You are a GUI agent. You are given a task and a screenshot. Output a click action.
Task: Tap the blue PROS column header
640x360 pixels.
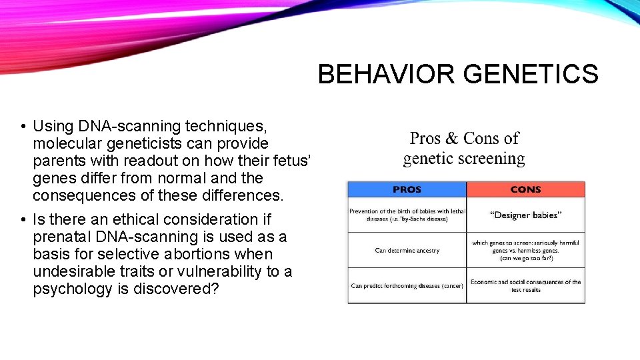(x=407, y=189)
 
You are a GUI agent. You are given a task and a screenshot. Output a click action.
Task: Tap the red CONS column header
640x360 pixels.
(x=525, y=189)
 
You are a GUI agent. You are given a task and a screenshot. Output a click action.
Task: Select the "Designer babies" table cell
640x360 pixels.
(x=525, y=215)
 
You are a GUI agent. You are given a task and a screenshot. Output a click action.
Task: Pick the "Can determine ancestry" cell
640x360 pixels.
(x=407, y=251)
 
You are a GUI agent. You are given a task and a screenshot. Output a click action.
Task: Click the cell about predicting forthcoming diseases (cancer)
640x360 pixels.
(x=407, y=286)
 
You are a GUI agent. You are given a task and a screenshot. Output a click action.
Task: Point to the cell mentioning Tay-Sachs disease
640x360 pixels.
(x=407, y=215)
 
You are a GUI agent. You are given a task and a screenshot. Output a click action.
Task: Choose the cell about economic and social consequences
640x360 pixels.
(x=525, y=286)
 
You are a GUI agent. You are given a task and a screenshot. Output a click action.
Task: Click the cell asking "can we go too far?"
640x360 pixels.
(x=525, y=251)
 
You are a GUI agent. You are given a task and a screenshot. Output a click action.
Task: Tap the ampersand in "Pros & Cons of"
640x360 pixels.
(x=451, y=139)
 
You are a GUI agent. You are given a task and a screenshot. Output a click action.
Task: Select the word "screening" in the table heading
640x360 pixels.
(x=491, y=159)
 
